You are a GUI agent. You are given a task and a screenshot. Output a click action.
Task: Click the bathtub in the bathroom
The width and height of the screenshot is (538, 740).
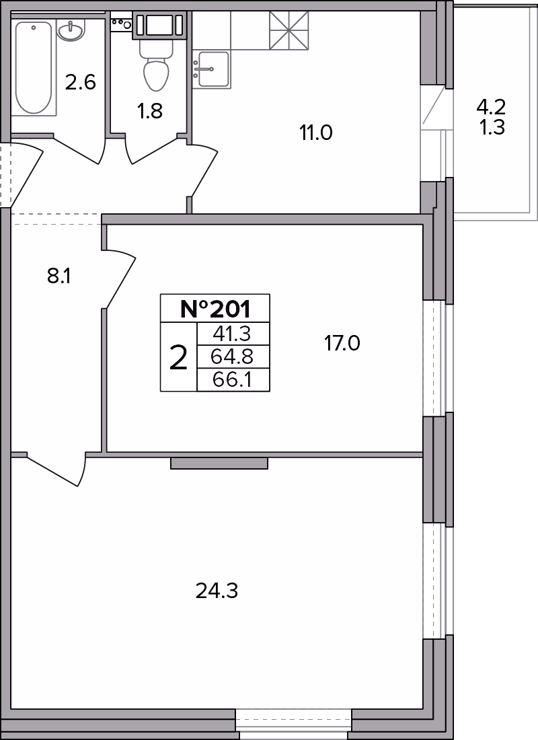click(33, 68)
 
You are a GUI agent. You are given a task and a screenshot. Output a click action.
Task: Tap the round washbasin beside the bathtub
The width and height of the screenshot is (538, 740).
click(71, 31)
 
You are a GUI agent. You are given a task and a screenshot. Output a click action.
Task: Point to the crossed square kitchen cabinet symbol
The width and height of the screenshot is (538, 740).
click(289, 30)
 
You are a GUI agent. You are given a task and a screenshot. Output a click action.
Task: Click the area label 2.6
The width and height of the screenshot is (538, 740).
click(81, 83)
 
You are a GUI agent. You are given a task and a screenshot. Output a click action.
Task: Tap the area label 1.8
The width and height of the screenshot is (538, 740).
click(149, 112)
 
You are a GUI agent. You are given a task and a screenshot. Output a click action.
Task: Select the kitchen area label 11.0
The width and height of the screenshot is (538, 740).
click(315, 133)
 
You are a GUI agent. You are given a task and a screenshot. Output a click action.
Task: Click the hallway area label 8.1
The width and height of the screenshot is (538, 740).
click(59, 276)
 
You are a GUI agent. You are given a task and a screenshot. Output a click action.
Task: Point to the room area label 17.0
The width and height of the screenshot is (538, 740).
click(342, 343)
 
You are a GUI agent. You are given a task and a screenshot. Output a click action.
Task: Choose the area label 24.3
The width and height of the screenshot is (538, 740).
click(217, 591)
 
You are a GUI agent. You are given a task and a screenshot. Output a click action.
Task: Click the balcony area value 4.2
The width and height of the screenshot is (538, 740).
click(491, 108)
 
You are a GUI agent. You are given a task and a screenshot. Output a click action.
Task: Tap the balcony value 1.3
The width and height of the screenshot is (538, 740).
click(492, 127)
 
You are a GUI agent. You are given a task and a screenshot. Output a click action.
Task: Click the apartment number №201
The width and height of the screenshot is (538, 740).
click(215, 309)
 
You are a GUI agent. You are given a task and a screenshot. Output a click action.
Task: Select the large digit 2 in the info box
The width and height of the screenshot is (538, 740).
click(178, 358)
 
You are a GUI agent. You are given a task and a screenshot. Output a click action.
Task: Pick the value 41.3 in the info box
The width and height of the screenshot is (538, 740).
click(233, 334)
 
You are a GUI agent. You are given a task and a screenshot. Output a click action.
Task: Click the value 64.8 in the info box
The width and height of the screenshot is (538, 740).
click(233, 357)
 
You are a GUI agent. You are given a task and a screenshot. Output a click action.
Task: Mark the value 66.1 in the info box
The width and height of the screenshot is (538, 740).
click(233, 379)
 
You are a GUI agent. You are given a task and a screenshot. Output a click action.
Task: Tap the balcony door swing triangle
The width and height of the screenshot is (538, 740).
click(434, 107)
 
